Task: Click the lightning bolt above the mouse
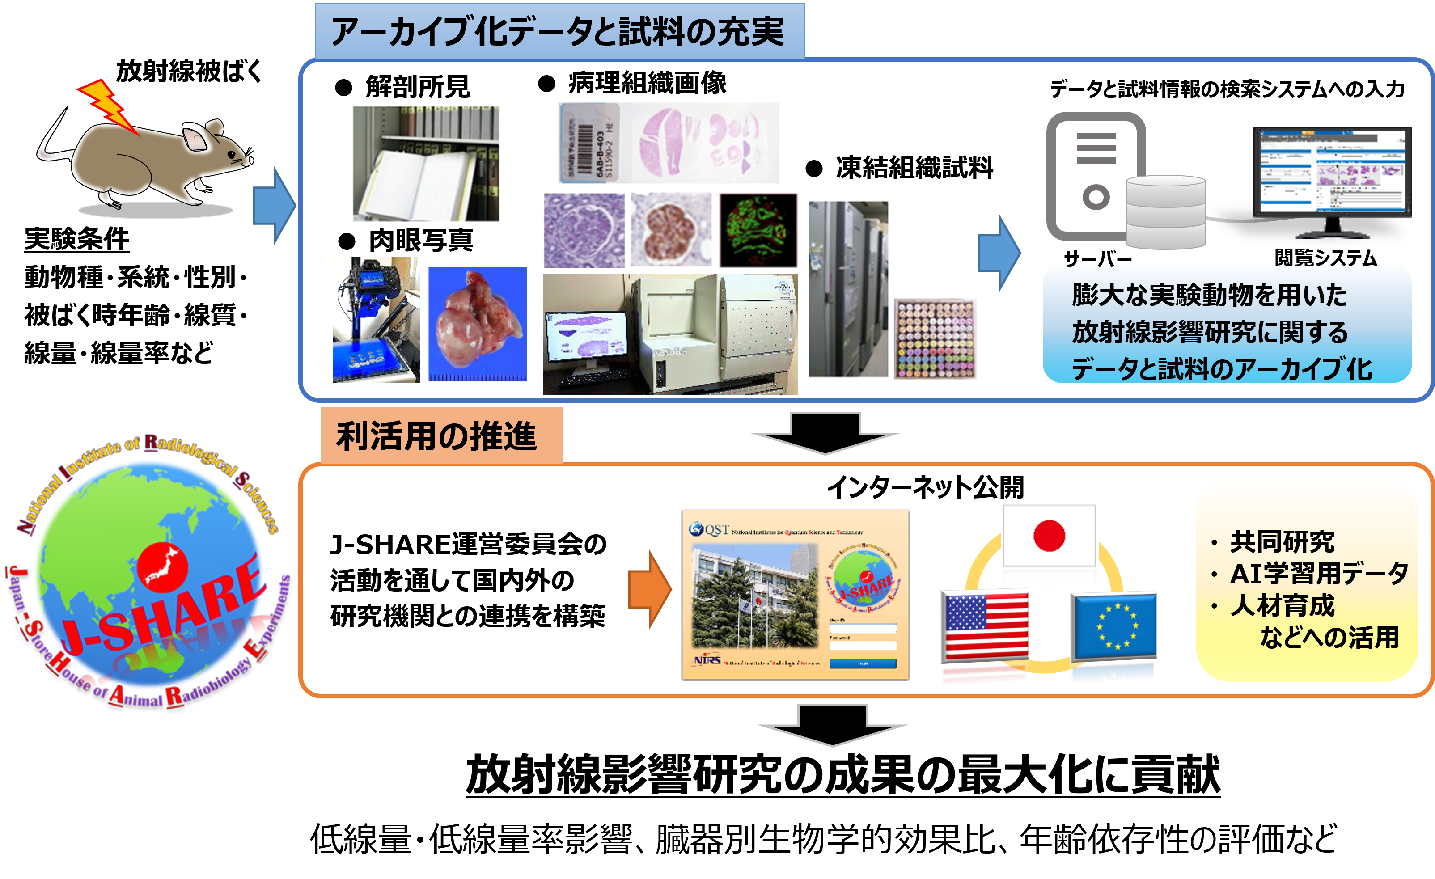(108, 105)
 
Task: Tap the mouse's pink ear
(195, 139)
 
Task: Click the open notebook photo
(426, 163)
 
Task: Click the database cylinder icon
(1165, 212)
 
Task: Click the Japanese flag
(1049, 536)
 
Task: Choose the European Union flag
(1113, 626)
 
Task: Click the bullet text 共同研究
(1281, 542)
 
